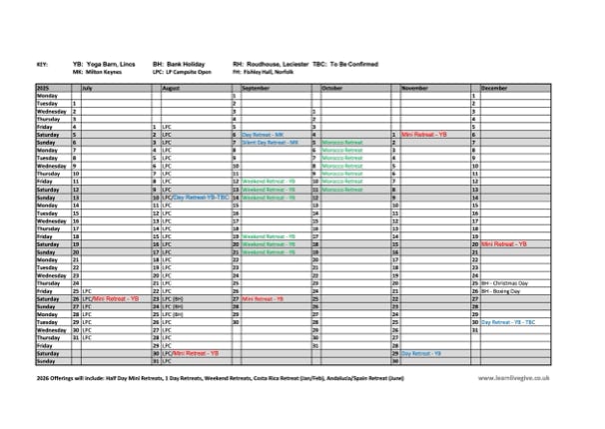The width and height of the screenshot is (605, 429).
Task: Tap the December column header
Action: point(495,89)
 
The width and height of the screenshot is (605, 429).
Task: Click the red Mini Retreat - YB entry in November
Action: point(424,134)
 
